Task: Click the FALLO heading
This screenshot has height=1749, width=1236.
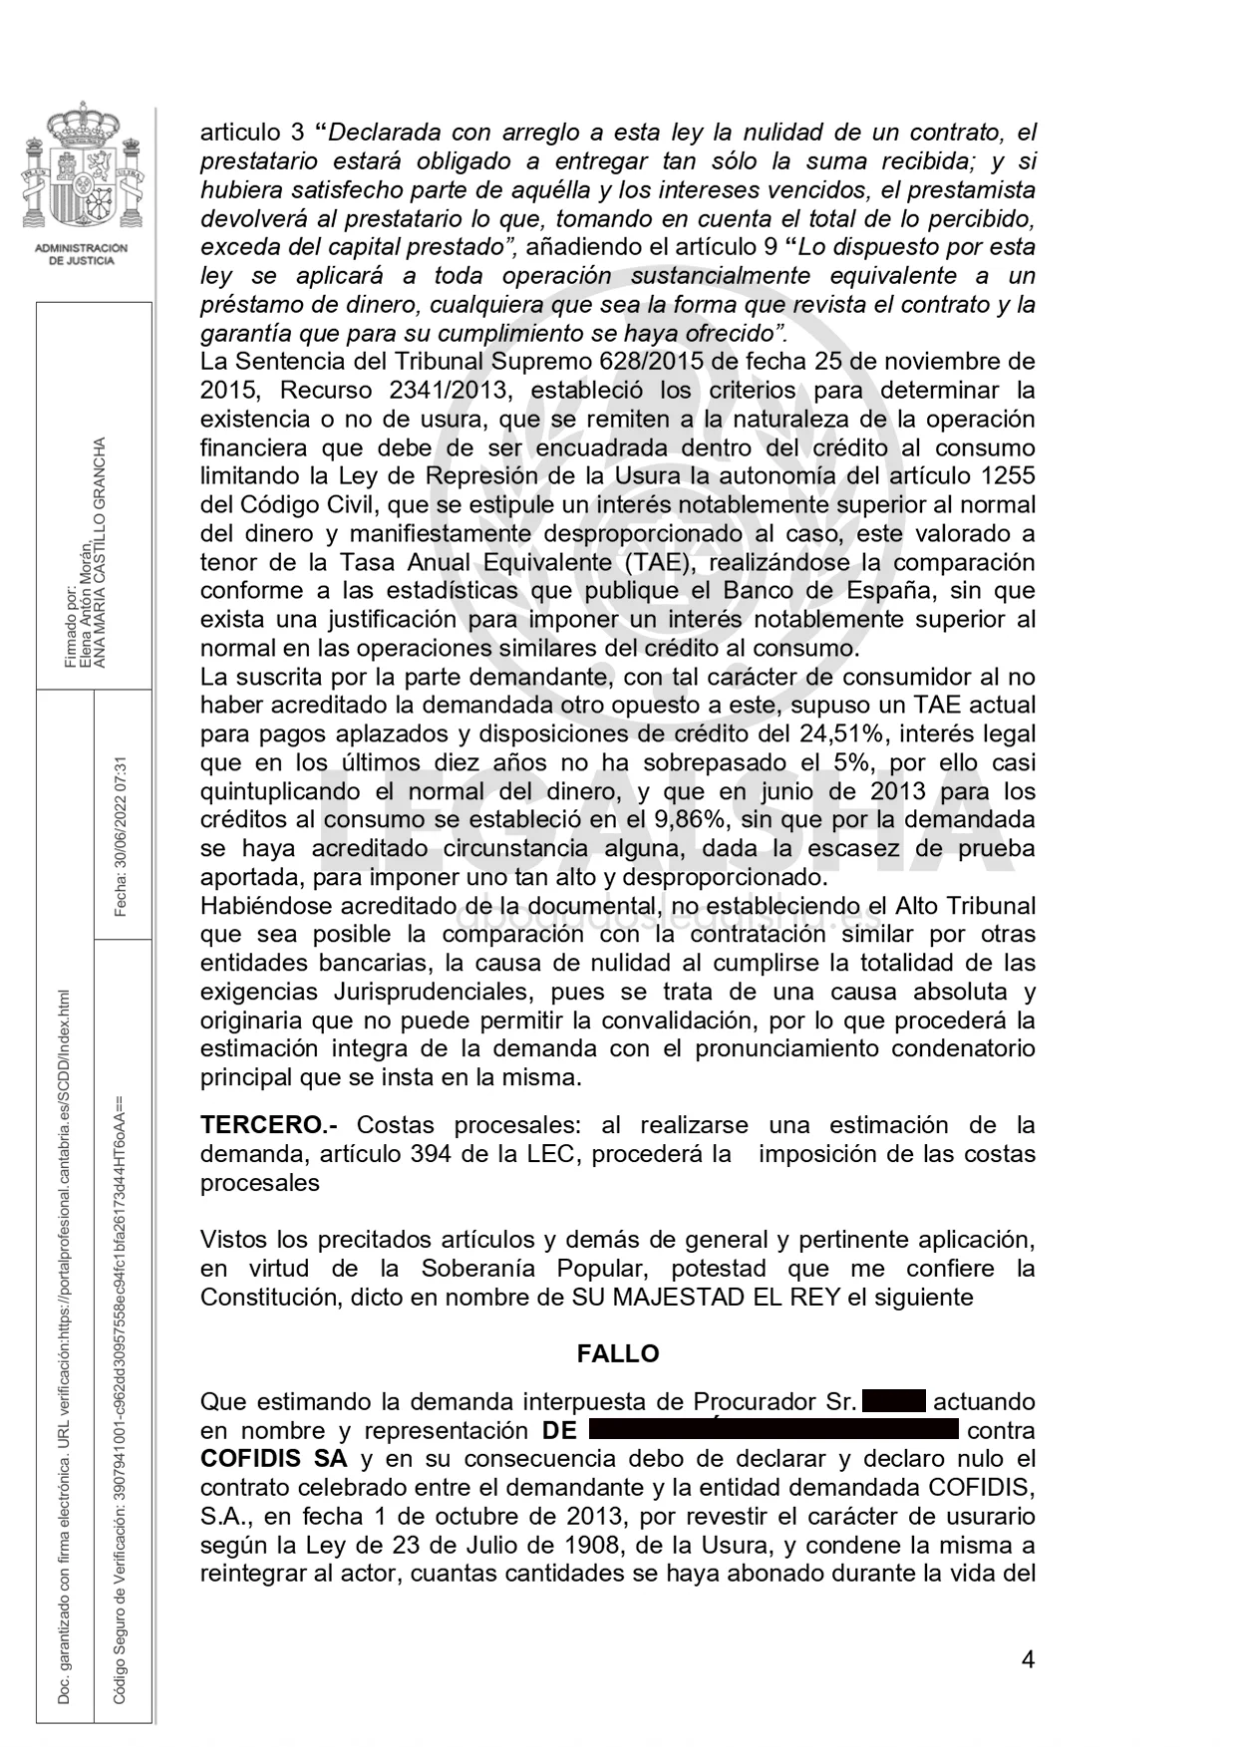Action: (617, 1353)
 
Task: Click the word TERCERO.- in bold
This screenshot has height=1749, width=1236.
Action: (268, 1125)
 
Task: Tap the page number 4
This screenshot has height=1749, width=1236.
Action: (1028, 1659)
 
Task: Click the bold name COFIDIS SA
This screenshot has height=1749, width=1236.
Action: (274, 1459)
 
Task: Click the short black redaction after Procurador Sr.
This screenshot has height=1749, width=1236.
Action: (894, 1401)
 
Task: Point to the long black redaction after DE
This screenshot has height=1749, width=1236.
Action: (773, 1430)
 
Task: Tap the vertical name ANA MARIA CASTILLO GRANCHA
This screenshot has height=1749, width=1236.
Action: (99, 553)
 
